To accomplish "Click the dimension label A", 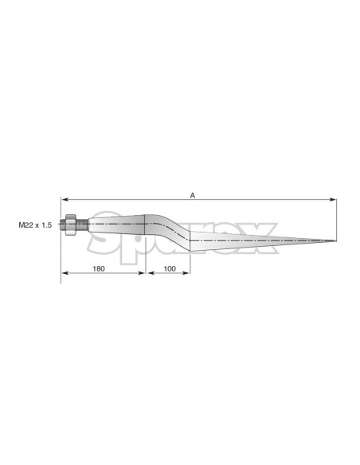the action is (x=193, y=195).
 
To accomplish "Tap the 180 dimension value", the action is (x=99, y=268).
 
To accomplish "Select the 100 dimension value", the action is (x=170, y=268).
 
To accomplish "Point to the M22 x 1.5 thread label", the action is (x=35, y=225).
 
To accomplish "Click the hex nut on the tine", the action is (x=71, y=225).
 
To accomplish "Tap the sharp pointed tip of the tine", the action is (x=335, y=240).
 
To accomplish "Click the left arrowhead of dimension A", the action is (x=64, y=200).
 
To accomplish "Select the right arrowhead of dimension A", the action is (x=333, y=200).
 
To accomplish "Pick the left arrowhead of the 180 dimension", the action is (x=65, y=273).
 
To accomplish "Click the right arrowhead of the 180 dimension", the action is (x=142, y=273).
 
